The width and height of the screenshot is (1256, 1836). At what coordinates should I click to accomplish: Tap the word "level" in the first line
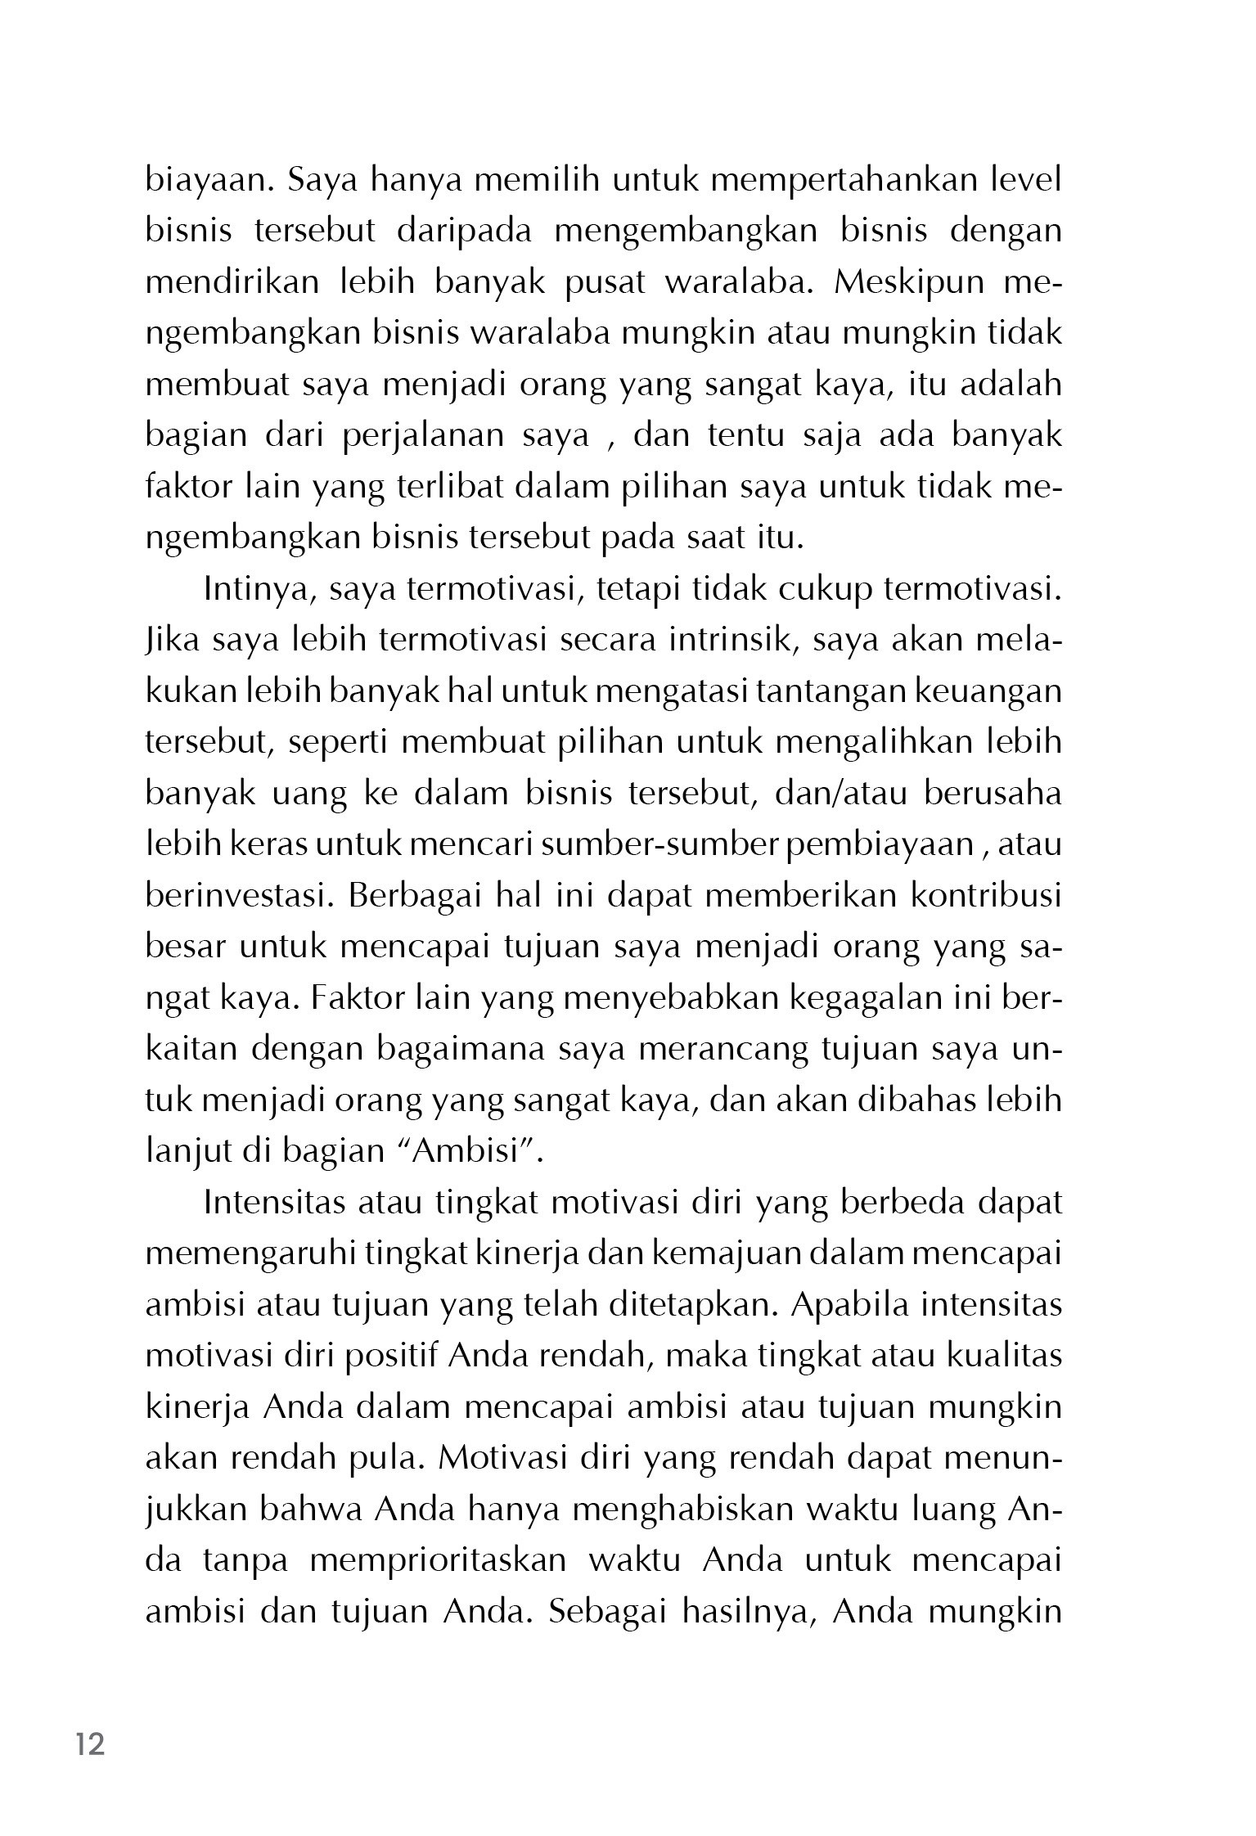(x=1025, y=179)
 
